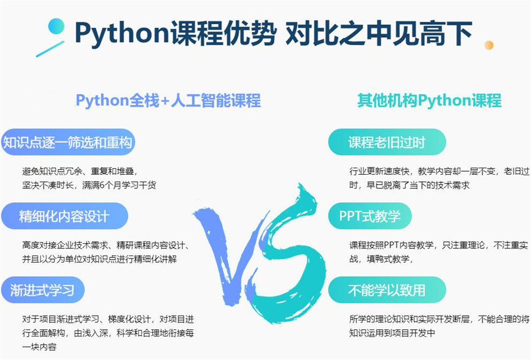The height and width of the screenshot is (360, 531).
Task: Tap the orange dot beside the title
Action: coord(489,45)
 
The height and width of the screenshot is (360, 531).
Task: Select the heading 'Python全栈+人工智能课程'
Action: coord(168,100)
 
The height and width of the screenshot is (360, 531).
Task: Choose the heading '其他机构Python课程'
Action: coord(429,100)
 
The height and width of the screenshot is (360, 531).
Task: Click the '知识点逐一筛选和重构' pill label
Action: coord(68,142)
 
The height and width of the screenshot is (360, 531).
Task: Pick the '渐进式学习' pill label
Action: coord(42,290)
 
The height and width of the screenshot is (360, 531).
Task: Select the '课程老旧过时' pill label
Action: coord(387,142)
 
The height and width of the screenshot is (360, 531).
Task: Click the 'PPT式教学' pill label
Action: coord(370,216)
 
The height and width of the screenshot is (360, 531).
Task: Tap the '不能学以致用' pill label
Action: coord(387,290)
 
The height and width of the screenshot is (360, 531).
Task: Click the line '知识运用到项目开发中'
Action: coord(392,333)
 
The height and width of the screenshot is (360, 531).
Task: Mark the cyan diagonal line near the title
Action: coord(50,49)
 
